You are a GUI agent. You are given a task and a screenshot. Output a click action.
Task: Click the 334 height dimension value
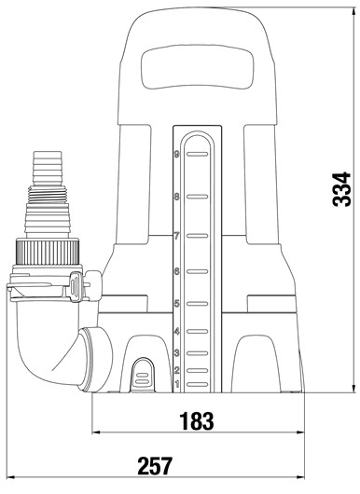tap(341, 189)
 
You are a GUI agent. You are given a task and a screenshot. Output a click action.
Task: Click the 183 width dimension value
tap(197, 421)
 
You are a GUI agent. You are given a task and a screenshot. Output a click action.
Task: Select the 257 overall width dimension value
tap(155, 466)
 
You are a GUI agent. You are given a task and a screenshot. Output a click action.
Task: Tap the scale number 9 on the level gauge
tap(176, 155)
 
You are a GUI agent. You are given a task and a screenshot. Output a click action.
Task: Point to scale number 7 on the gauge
tap(176, 236)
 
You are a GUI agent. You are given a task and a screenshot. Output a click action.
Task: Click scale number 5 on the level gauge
tap(176, 304)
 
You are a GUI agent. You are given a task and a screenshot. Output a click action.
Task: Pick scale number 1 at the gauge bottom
tap(177, 384)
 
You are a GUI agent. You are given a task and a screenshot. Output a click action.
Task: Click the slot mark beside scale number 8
tap(198, 197)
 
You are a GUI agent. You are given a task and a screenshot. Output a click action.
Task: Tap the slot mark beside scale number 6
tap(198, 271)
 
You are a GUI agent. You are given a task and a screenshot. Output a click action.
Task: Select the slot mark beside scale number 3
tap(198, 353)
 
